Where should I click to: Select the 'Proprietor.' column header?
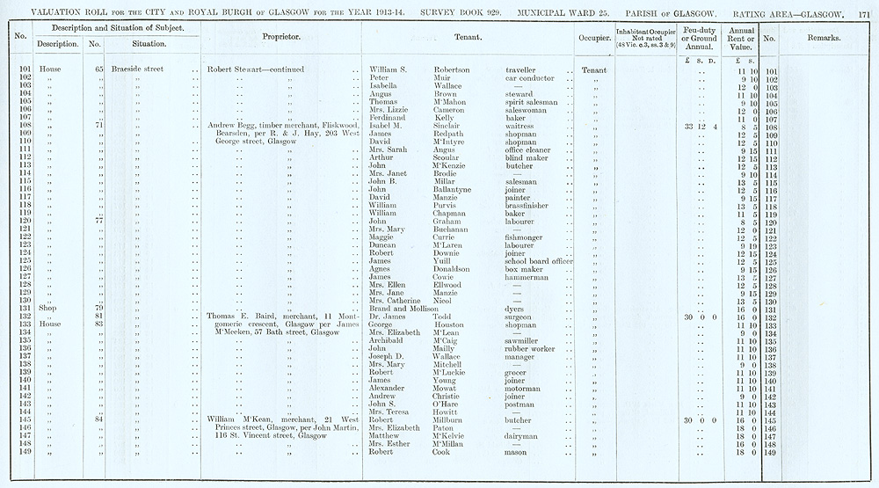[x=281, y=40]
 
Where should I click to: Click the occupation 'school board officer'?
[x=539, y=261]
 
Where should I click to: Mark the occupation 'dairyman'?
[x=526, y=436]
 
